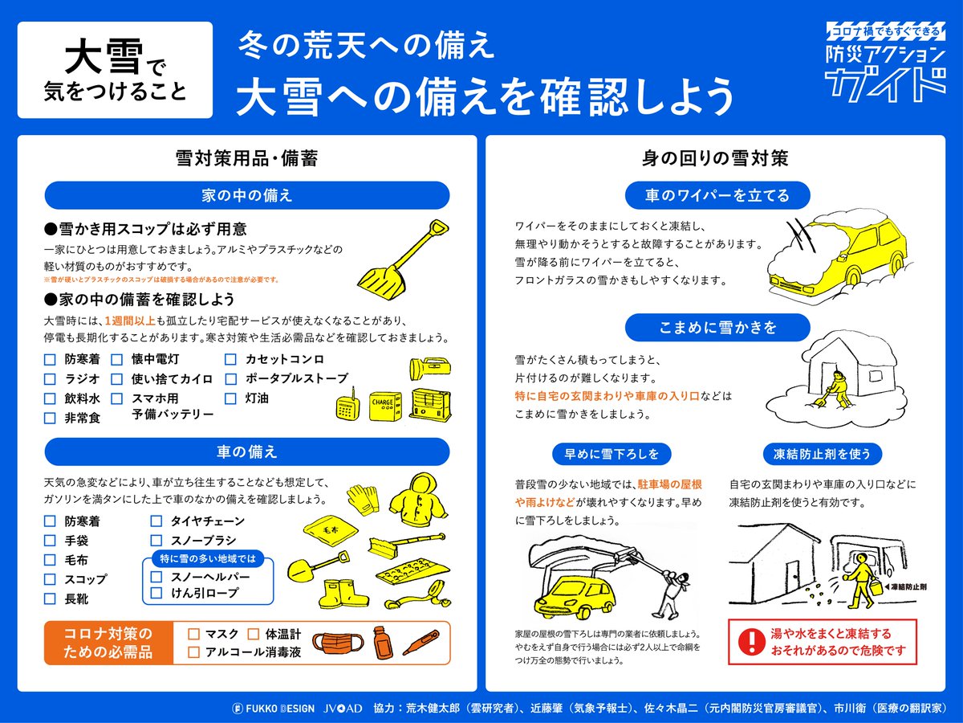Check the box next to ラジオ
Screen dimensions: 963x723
click(50, 379)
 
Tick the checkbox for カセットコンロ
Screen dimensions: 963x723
click(230, 360)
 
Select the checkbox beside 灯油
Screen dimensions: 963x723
click(230, 398)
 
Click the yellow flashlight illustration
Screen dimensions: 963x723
click(430, 368)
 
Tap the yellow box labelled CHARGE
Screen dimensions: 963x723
click(385, 406)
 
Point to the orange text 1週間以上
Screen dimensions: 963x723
click(130, 321)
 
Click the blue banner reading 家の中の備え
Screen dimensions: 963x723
click(247, 195)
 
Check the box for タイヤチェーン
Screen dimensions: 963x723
click(156, 521)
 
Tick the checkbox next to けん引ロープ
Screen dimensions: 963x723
click(156, 593)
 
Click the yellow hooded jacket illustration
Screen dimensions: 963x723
click(418, 497)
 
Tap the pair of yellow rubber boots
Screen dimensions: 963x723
click(343, 593)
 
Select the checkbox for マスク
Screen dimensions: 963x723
click(193, 634)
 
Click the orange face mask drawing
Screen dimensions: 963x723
click(339, 644)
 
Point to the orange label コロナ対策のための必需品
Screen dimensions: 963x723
click(108, 643)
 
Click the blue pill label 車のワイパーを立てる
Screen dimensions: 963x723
click(717, 195)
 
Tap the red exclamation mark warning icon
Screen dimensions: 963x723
click(751, 641)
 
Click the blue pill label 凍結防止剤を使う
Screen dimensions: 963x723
click(822, 454)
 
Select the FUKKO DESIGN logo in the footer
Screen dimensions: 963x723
click(274, 709)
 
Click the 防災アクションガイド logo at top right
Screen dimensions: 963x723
click(885, 62)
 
